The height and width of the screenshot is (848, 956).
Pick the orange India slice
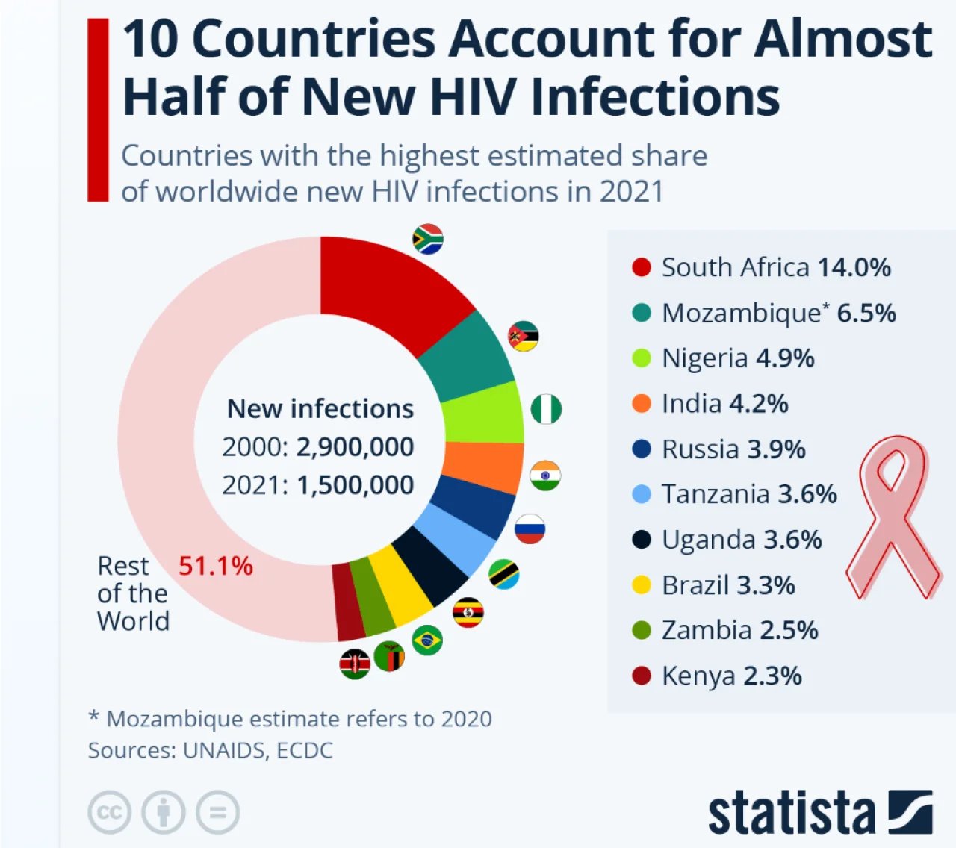pyautogui.click(x=482, y=467)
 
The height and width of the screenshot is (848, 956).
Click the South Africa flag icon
pyautogui.click(x=428, y=239)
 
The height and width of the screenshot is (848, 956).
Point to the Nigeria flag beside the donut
pyautogui.click(x=546, y=409)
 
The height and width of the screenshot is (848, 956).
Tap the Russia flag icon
pyautogui.click(x=530, y=529)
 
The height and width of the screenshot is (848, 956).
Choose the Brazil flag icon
pyautogui.click(x=427, y=640)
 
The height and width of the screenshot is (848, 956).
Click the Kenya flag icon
pyautogui.click(x=355, y=664)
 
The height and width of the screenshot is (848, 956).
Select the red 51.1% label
pyautogui.click(x=215, y=566)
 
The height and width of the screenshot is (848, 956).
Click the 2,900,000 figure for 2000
pyautogui.click(x=355, y=446)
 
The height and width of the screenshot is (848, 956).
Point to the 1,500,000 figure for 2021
pyautogui.click(x=355, y=485)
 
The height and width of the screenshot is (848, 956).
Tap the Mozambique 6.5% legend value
pyautogui.click(x=866, y=313)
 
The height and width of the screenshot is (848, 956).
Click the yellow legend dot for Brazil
pyautogui.click(x=642, y=585)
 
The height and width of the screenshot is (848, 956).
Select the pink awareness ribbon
pyautogui.click(x=893, y=515)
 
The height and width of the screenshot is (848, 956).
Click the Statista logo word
pyautogui.click(x=792, y=813)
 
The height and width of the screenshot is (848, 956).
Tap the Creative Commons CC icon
pyautogui.click(x=110, y=812)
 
